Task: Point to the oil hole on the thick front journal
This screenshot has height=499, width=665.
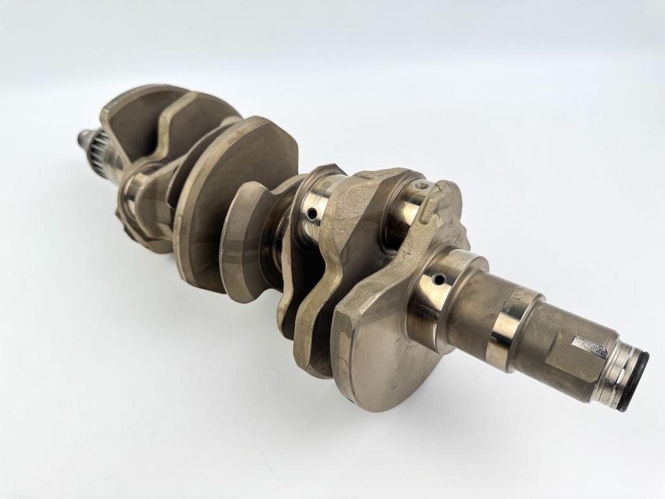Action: pyautogui.click(x=440, y=280)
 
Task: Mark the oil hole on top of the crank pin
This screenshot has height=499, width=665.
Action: pyautogui.click(x=423, y=188)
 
